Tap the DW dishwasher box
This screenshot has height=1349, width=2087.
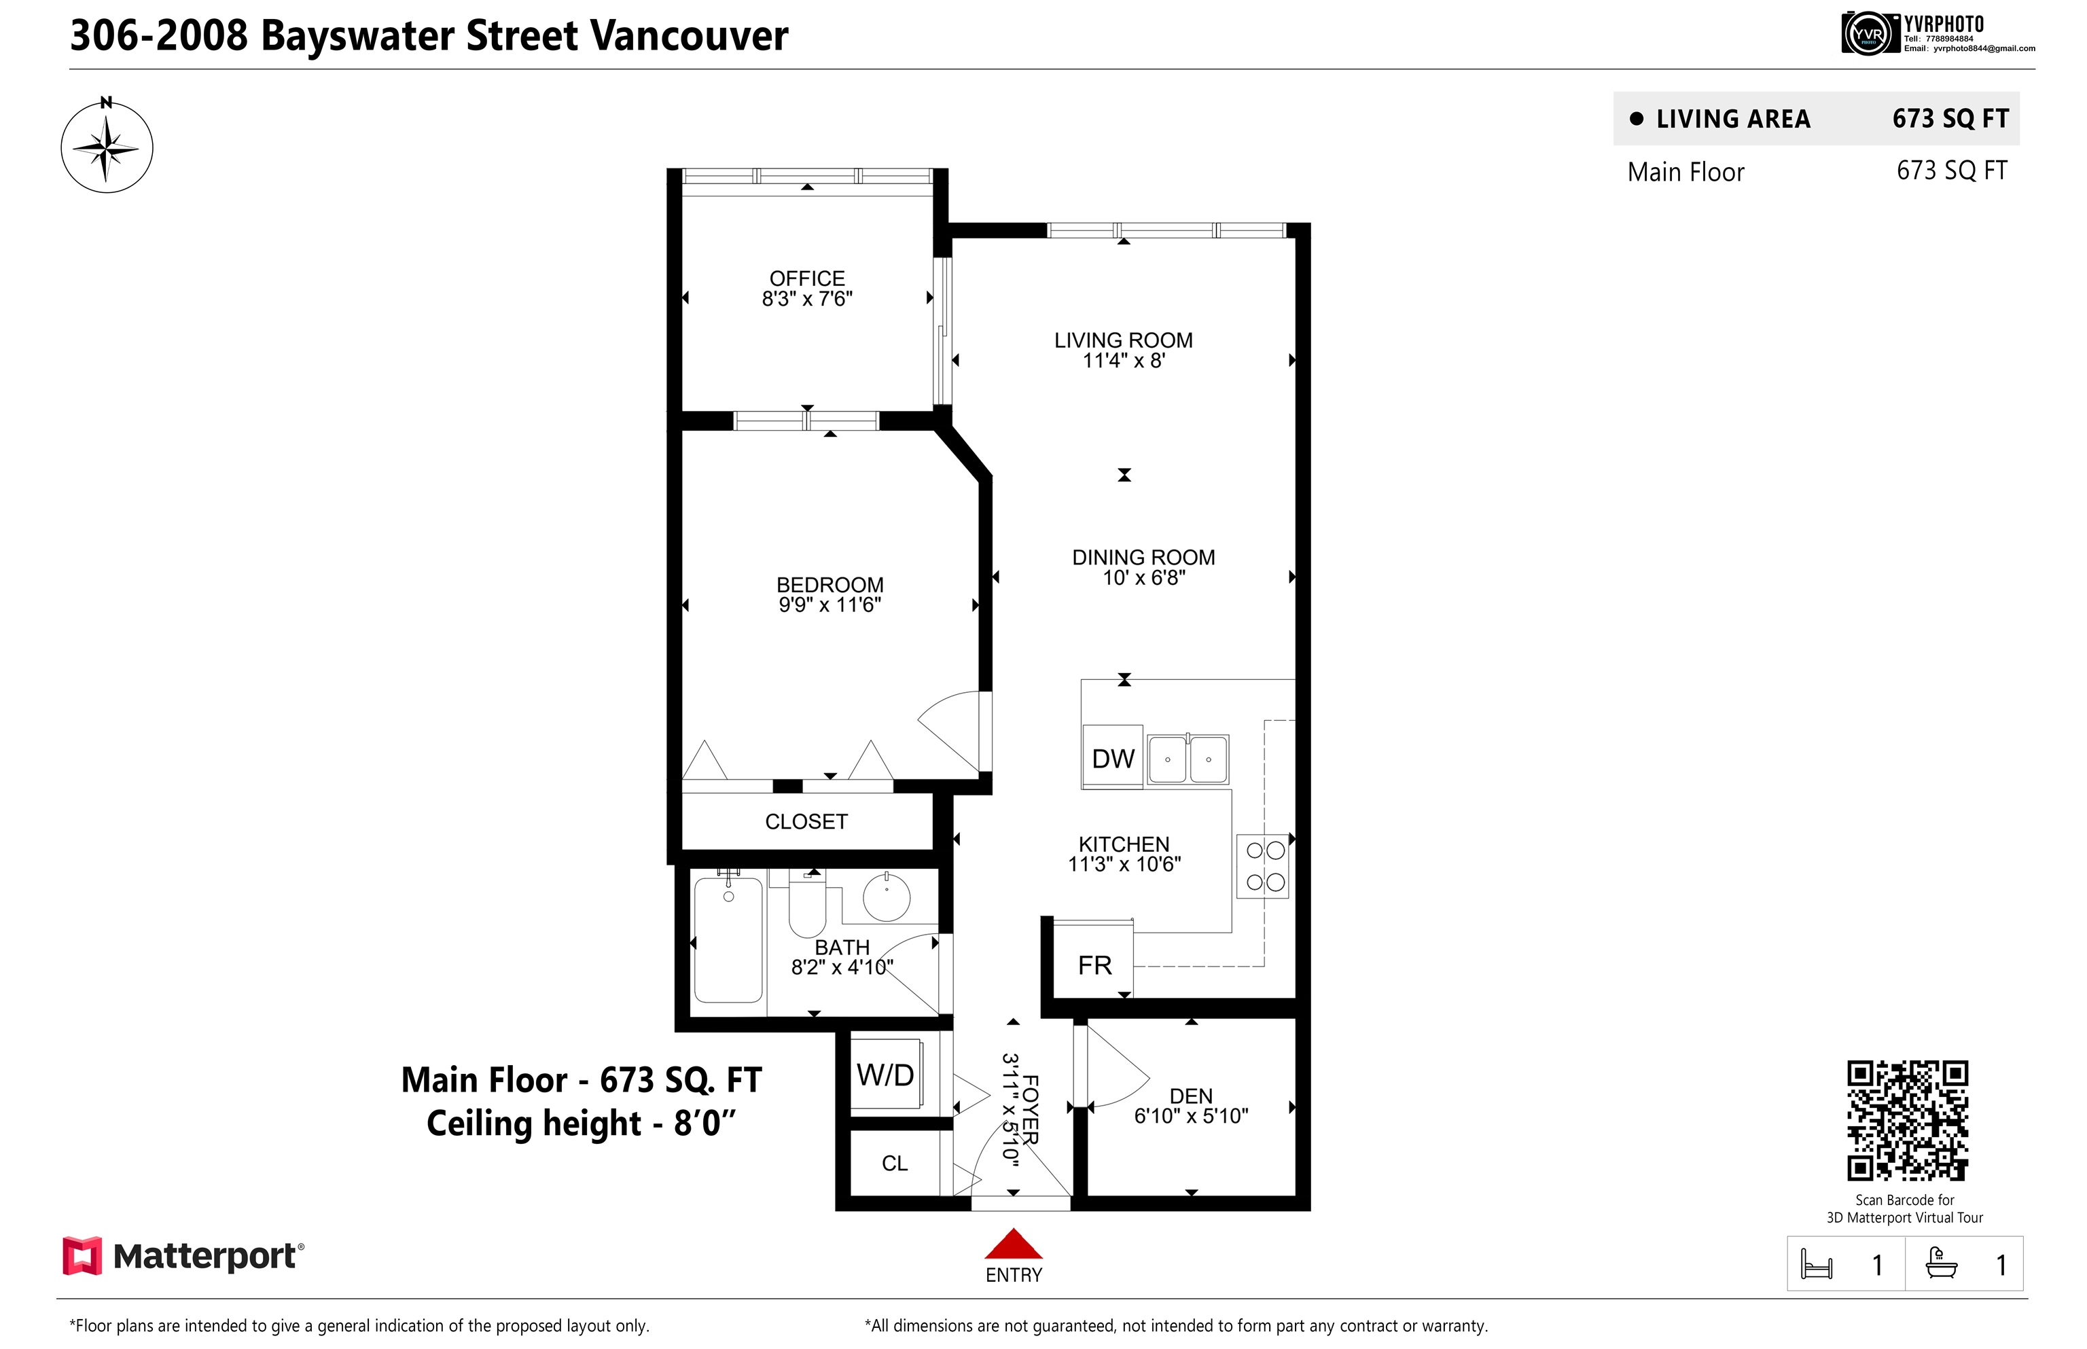(1113, 757)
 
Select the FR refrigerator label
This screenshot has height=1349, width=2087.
(1094, 965)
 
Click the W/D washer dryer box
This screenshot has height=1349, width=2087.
(886, 1075)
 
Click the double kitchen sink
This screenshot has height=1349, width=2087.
(1188, 759)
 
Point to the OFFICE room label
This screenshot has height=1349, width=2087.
(807, 278)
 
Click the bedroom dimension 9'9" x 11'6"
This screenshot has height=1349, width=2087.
(830, 605)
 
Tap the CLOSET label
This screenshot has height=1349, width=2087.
(806, 822)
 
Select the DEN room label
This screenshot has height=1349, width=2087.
(1191, 1096)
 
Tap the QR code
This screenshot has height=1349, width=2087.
(1908, 1120)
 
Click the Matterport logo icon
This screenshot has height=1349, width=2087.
(82, 1255)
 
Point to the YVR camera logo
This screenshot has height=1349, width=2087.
(1866, 34)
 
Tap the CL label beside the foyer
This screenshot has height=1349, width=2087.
(895, 1164)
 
